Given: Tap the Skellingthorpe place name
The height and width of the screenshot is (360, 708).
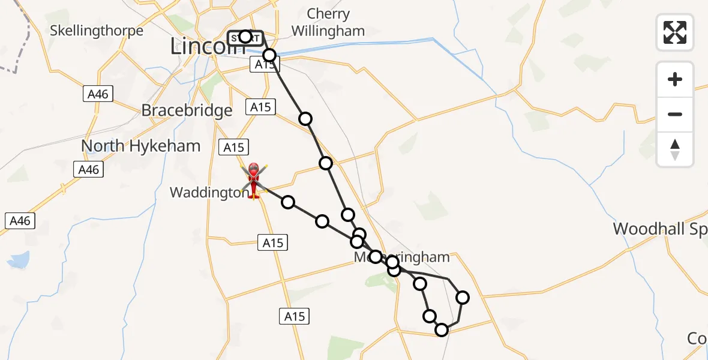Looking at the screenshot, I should (97, 31).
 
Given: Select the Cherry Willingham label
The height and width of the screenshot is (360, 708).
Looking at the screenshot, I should (328, 22).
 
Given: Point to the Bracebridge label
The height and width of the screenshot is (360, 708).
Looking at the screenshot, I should (187, 110).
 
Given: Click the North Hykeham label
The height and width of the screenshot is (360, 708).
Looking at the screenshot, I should (140, 146).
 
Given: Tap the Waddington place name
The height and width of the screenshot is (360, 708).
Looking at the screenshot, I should (207, 193).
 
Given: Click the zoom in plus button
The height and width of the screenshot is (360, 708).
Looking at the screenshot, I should (675, 79).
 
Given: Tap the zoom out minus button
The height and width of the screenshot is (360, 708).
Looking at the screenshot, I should (675, 114).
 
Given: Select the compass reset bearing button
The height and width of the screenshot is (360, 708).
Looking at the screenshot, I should (675, 149).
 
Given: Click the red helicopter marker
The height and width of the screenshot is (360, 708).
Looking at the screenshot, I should (253, 179).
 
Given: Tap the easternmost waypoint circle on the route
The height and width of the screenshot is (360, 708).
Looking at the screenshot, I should (463, 297).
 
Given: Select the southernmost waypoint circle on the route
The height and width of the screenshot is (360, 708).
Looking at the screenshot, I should (442, 329).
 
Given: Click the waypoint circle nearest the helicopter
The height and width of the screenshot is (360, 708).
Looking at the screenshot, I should (288, 202).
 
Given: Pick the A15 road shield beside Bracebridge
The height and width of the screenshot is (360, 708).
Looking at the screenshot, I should (260, 107).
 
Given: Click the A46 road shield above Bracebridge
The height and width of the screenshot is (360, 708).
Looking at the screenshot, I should (98, 94).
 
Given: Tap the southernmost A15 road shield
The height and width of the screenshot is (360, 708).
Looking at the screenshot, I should (295, 316).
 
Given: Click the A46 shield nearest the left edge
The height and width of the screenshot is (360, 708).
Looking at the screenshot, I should (20, 221).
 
